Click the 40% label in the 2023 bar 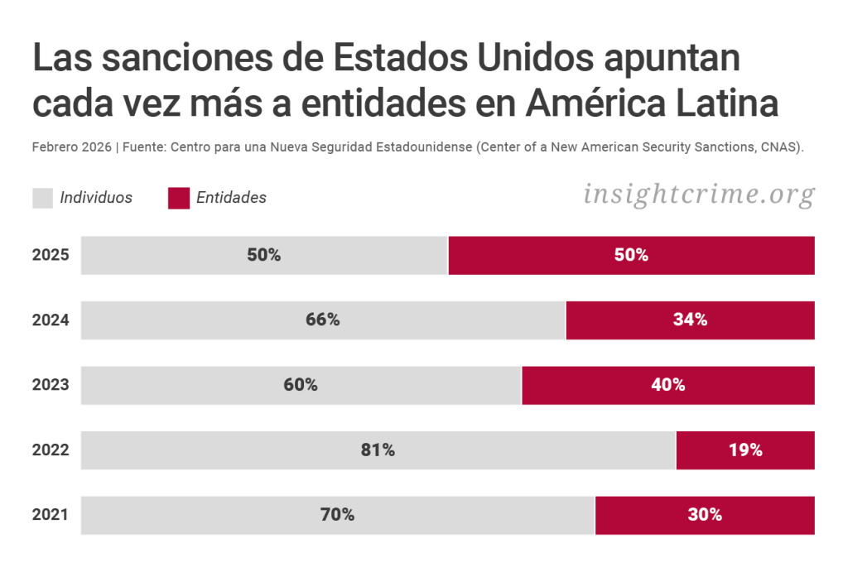[x=667, y=385]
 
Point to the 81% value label [x=378, y=450]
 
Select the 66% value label [x=323, y=320]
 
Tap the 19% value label [x=745, y=450]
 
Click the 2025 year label [x=51, y=256]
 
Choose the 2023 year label [x=51, y=385]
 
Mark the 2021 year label [x=51, y=515]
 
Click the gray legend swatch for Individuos [x=43, y=198]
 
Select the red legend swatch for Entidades [x=179, y=198]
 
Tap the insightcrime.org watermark [x=699, y=195]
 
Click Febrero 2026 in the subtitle [x=71, y=147]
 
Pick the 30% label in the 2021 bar [x=705, y=515]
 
